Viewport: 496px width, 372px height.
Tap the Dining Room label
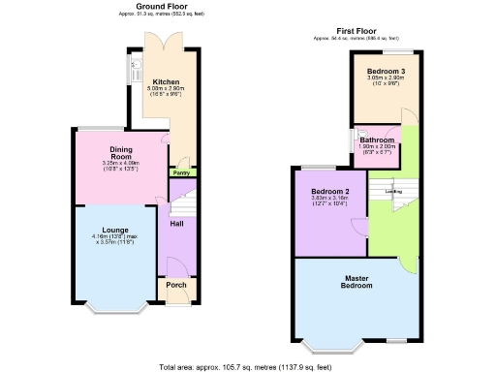[x=120, y=153]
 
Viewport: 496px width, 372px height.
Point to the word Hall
[x=177, y=224]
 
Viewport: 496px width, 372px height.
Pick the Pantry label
[x=179, y=173]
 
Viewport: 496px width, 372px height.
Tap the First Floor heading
[x=356, y=31]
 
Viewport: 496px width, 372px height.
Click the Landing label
[x=394, y=192]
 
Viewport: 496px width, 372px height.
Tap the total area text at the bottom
[x=251, y=367]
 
